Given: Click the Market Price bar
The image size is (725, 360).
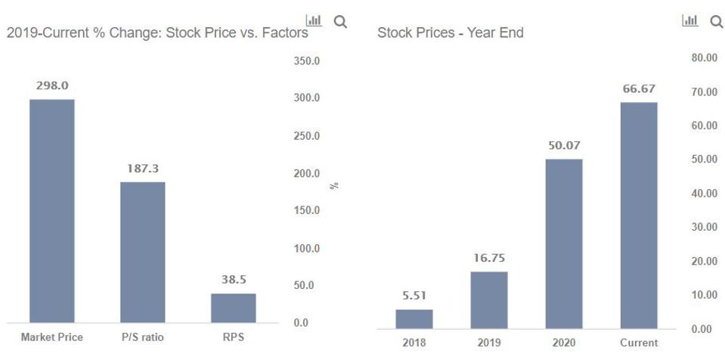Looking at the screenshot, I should tap(51, 211).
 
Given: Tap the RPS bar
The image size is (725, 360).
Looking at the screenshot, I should tap(233, 308).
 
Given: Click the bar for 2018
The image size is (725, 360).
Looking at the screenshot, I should tap(414, 318).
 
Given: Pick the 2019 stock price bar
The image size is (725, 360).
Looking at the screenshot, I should tap(488, 299).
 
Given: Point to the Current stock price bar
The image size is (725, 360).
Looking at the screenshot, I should tap(639, 215).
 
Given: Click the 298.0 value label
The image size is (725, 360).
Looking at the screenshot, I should tap(51, 86).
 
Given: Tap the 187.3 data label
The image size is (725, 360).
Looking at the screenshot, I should tap(142, 169).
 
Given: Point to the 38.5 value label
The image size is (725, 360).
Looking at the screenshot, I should tap(234, 280).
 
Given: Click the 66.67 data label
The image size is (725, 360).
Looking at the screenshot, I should tap(639, 89).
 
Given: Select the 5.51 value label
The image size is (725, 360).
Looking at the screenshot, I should tap(414, 296).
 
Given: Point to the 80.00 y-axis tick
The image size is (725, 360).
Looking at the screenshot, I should tap(704, 57).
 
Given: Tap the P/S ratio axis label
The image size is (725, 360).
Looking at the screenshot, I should tap(142, 337).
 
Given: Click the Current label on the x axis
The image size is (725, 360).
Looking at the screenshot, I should tap(639, 343).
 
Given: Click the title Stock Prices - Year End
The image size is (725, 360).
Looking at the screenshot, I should tap(450, 33).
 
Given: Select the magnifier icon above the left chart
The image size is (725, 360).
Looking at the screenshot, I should tap(340, 22).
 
